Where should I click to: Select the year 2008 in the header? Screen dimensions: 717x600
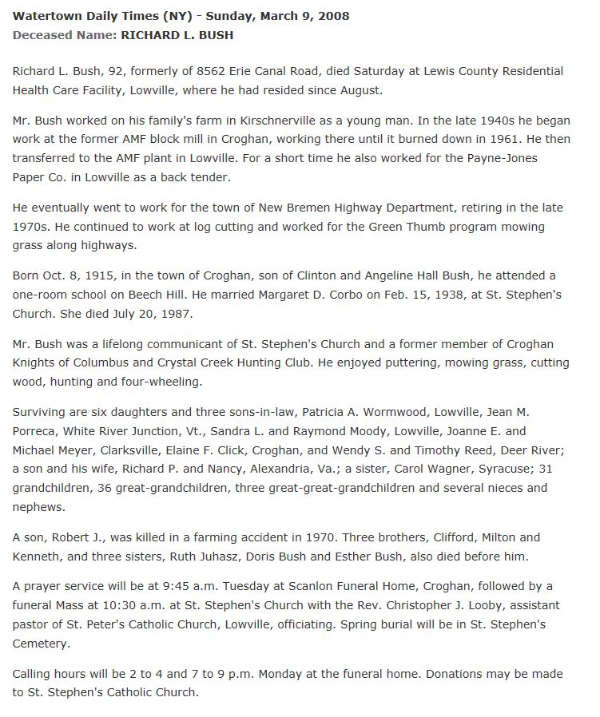(x=332, y=16)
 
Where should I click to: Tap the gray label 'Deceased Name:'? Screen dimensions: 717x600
(x=65, y=35)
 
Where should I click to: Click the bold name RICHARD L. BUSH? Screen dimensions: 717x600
(x=177, y=35)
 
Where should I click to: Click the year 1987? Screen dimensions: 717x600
(x=177, y=314)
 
